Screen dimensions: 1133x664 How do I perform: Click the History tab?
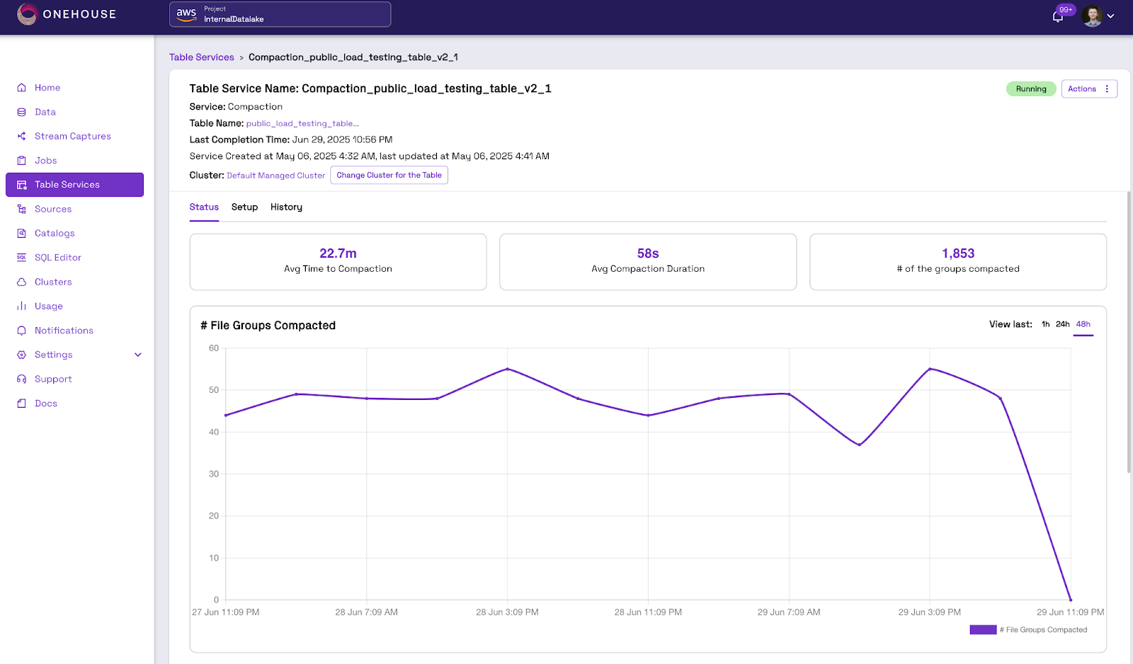click(286, 207)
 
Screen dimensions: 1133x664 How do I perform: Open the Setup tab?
click(244, 207)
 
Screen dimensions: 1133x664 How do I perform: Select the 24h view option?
click(1062, 324)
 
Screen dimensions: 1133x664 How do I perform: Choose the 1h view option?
click(1045, 324)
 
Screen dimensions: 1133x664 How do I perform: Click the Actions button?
click(1089, 89)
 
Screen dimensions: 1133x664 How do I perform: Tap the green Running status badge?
click(1031, 89)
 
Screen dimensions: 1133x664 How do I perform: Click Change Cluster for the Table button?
click(389, 175)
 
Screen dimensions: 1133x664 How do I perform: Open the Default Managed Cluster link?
click(275, 176)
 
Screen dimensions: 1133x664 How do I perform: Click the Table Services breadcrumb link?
click(201, 57)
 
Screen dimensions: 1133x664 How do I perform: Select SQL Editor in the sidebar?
click(57, 258)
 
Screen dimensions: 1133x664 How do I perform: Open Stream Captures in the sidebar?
click(72, 136)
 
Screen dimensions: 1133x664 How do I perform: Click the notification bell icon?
click(1057, 17)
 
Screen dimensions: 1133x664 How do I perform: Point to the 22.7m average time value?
click(338, 253)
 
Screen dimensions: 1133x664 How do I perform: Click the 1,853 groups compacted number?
click(958, 253)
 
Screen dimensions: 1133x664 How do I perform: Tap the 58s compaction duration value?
click(648, 253)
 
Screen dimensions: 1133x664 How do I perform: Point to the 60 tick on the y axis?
click(213, 348)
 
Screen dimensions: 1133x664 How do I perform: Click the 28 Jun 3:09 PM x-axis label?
click(507, 612)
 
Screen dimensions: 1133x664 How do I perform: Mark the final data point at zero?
click(1070, 600)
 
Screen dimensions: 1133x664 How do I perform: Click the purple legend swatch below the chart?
click(983, 629)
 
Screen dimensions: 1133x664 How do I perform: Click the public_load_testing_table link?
click(302, 123)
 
